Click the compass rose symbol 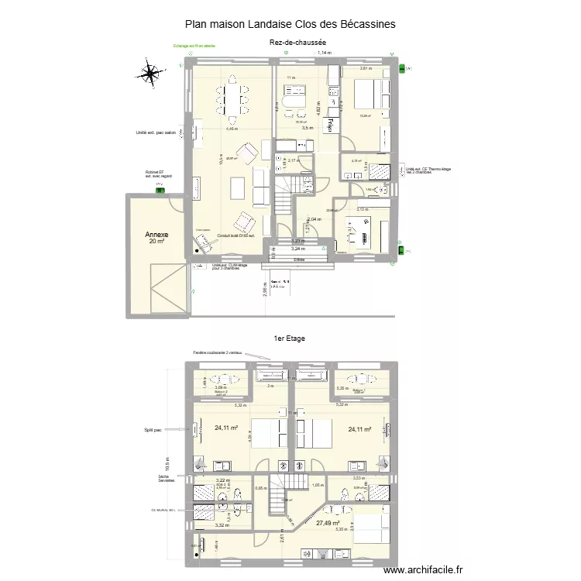point(150,74)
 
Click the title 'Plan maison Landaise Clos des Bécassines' point(290,25)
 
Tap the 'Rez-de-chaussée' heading point(297,43)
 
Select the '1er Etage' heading point(290,339)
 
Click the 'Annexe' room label point(157,234)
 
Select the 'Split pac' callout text point(153,430)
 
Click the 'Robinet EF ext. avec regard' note point(160,174)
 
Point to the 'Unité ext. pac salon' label point(155,132)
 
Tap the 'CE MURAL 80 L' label point(164,510)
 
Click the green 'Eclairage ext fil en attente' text point(194,46)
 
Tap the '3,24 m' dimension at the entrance point(297,249)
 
